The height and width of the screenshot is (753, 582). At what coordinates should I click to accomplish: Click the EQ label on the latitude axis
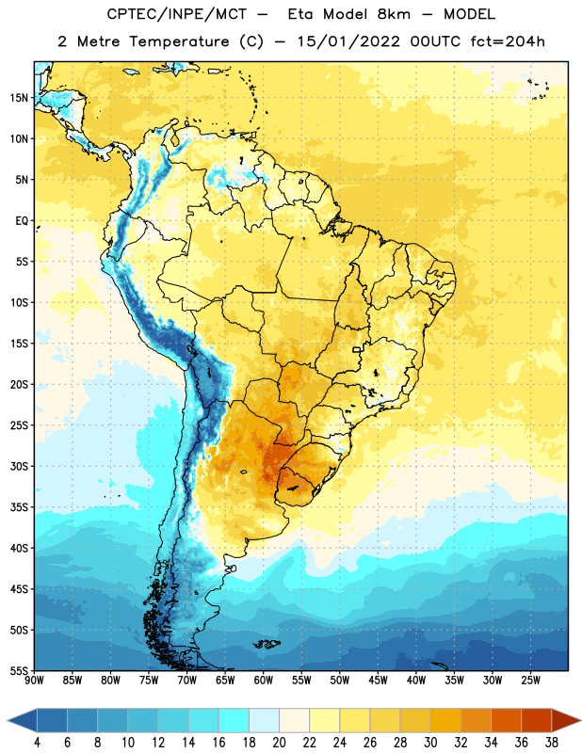click(22, 221)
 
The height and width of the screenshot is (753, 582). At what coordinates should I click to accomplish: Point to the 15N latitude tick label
click(19, 98)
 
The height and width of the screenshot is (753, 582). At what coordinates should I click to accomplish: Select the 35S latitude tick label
click(19, 507)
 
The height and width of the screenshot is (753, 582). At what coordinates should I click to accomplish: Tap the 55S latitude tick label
click(19, 671)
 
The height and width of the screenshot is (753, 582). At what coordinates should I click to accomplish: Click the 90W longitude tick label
click(35, 681)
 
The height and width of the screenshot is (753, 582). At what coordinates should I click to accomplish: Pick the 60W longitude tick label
click(264, 681)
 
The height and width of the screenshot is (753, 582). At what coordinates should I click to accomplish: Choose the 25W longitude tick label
click(530, 681)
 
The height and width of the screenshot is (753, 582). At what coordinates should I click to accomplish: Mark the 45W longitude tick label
click(378, 681)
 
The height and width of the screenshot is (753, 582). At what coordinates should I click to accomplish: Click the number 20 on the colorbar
click(279, 743)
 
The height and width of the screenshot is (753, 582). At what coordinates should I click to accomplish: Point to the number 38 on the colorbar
click(552, 743)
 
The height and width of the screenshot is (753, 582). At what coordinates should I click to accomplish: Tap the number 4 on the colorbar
click(37, 743)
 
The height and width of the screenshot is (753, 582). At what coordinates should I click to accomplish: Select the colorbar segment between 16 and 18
click(234, 720)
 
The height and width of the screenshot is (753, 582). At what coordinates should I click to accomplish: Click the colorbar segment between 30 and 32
click(446, 720)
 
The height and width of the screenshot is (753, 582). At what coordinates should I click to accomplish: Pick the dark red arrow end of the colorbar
click(566, 720)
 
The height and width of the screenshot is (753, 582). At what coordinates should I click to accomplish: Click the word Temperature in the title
click(179, 41)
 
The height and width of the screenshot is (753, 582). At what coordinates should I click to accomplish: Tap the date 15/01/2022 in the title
click(348, 41)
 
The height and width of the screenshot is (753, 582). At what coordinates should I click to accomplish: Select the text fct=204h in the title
click(508, 41)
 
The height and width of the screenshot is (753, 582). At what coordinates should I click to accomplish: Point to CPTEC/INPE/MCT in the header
click(177, 14)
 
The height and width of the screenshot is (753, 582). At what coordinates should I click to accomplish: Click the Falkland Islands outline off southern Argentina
click(267, 644)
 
